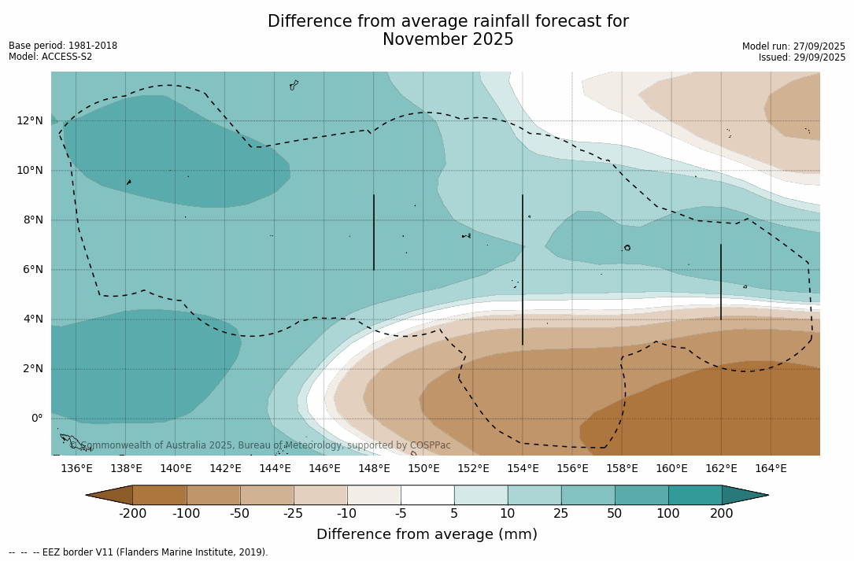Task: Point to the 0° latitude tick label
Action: (x=35, y=418)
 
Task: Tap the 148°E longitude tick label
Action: (x=374, y=469)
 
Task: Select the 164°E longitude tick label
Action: (x=771, y=469)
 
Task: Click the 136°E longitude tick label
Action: (x=76, y=469)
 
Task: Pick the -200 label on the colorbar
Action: (x=132, y=514)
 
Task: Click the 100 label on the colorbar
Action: (x=668, y=514)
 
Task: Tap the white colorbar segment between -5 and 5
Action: (x=427, y=495)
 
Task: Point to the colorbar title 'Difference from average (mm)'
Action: (x=427, y=535)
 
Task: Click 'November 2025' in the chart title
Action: (x=448, y=40)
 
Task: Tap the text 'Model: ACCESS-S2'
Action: (x=50, y=57)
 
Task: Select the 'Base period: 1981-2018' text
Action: (x=63, y=46)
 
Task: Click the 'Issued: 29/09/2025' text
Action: (x=802, y=57)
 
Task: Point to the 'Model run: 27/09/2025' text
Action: (x=793, y=46)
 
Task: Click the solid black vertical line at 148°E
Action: (x=374, y=232)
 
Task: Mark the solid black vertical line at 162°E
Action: (x=721, y=282)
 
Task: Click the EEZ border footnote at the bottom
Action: (x=139, y=552)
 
